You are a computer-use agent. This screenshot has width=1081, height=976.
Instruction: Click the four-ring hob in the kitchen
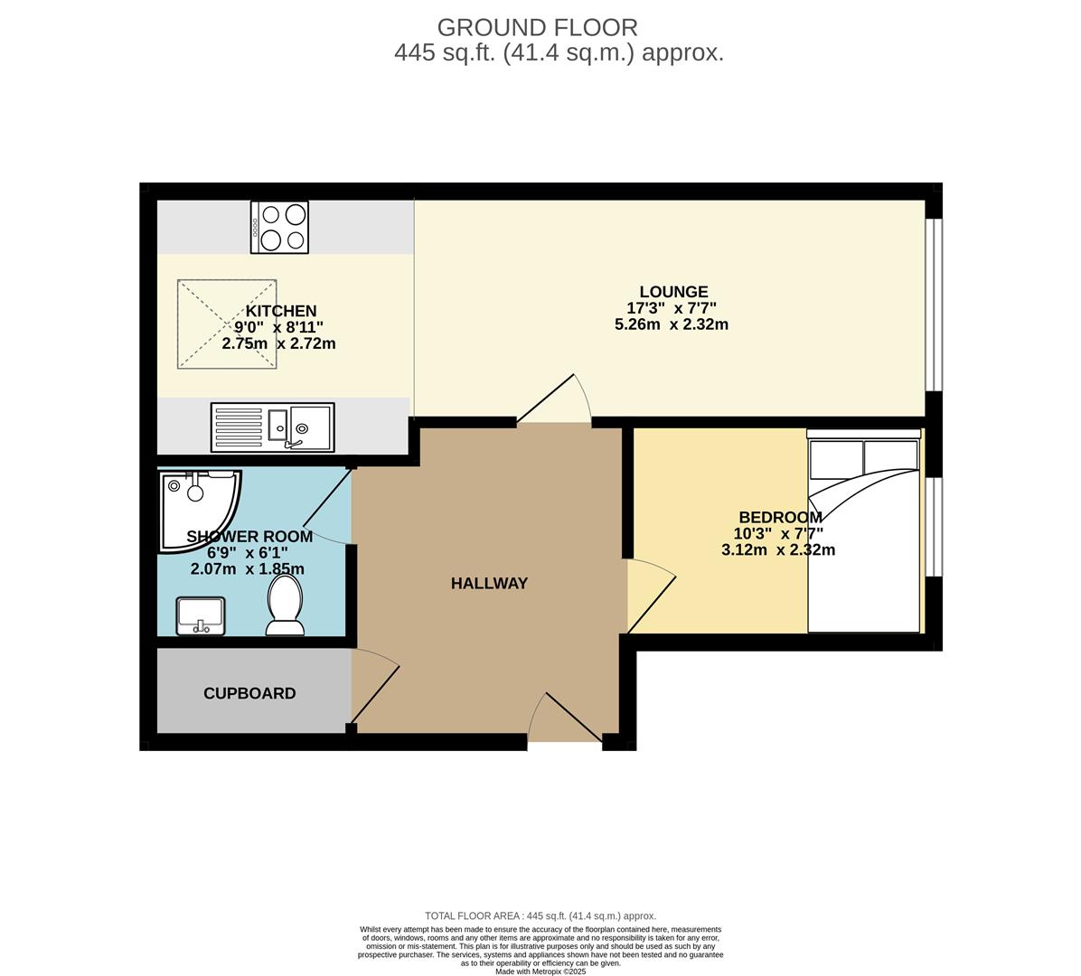tap(279, 227)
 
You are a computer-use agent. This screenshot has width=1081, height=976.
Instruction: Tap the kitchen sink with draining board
tap(272, 427)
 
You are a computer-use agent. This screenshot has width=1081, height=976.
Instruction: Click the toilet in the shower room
tap(284, 605)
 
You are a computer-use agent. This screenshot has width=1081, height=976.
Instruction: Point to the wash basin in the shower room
tap(200, 616)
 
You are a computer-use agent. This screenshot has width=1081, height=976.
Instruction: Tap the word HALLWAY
tap(489, 584)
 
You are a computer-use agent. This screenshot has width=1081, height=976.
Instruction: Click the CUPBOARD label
tap(249, 694)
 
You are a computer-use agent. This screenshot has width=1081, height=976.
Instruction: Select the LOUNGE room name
tap(673, 292)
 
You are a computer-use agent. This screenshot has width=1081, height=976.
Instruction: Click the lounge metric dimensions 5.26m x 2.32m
tap(671, 324)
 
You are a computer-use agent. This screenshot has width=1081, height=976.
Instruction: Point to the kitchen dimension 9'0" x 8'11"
tap(278, 327)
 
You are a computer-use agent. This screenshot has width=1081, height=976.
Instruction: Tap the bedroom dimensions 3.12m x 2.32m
tap(777, 549)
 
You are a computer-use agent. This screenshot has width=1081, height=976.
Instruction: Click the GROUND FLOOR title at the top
tap(537, 28)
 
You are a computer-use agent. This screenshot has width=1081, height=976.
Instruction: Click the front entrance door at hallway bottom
tap(565, 718)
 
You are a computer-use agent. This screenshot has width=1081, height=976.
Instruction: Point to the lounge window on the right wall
tap(934, 304)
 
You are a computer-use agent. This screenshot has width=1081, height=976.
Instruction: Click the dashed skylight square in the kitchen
tap(226, 324)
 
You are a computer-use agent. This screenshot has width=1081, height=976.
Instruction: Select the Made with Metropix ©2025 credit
tap(540, 971)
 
